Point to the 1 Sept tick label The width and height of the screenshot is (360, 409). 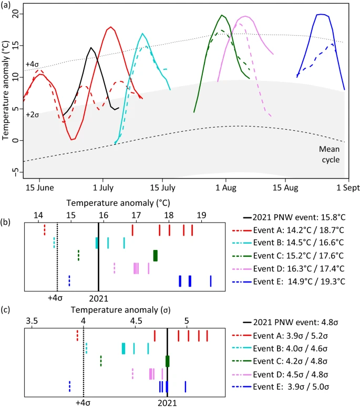coord(336,186)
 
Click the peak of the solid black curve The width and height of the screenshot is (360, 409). coord(91,48)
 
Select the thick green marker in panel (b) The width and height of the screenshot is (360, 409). coord(155,255)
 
